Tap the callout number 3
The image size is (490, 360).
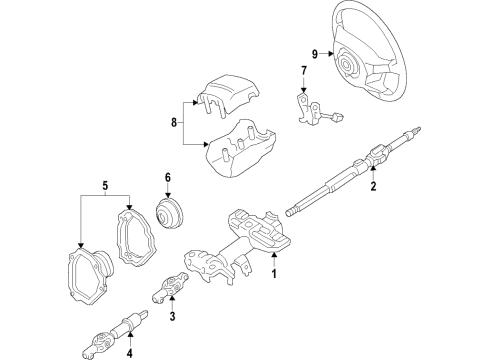pos(172,317)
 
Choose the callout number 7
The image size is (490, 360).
pos(304,70)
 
